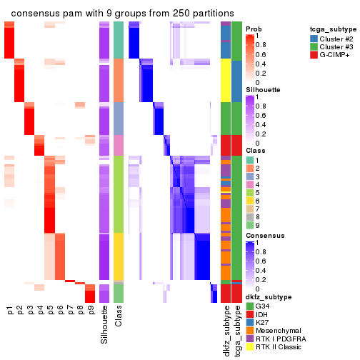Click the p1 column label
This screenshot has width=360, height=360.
tap(9, 311)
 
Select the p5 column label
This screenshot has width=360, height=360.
tap(50, 311)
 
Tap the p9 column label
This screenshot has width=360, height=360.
tap(90, 311)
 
